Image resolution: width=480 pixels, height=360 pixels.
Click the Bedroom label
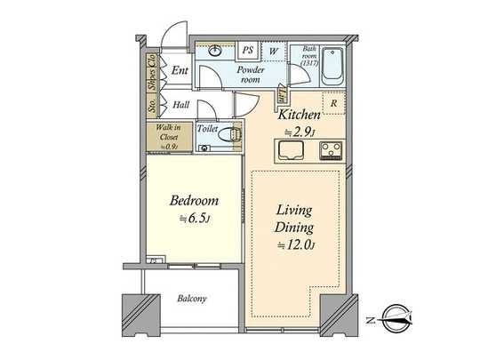click(x=194, y=200)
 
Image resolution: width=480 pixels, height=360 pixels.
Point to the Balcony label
click(x=190, y=299)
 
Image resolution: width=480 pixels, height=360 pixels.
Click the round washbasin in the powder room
click(x=216, y=52)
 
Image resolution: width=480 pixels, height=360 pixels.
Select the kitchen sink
click(x=292, y=152)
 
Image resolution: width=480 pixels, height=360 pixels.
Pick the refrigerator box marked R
click(x=332, y=101)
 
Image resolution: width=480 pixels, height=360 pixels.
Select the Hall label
click(x=180, y=104)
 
